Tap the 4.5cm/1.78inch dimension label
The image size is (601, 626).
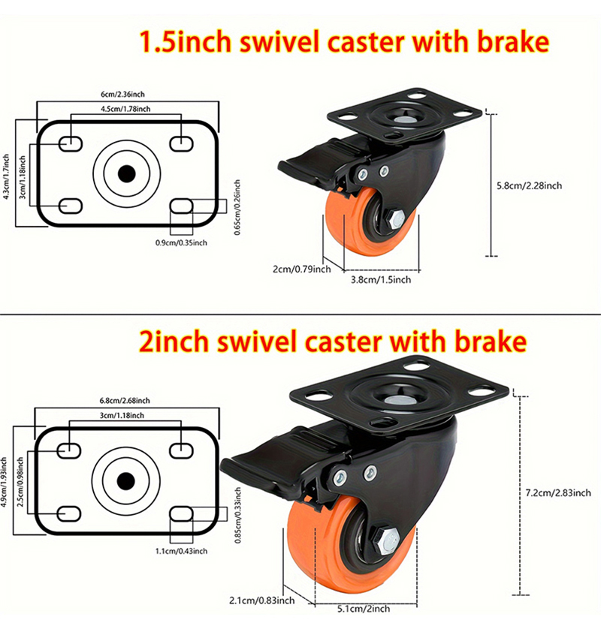126,109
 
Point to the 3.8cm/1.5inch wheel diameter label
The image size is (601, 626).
382,279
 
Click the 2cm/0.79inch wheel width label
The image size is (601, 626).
301,269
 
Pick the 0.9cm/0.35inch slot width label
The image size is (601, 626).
181,242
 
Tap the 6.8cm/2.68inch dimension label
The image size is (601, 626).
124,400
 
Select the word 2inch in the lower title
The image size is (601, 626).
181,342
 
